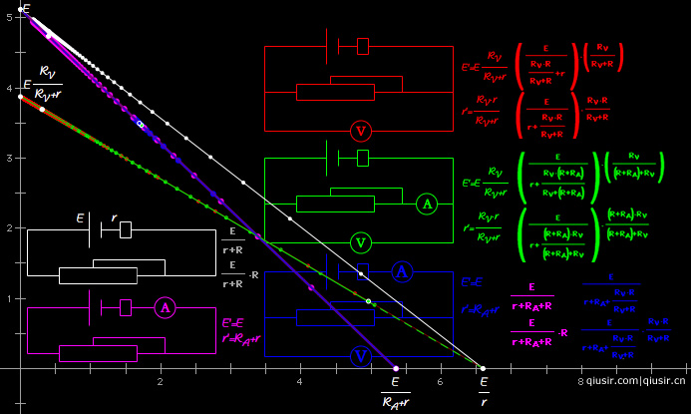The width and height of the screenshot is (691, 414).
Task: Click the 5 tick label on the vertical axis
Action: click(x=7, y=18)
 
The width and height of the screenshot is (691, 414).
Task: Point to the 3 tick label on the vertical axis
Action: click(x=7, y=158)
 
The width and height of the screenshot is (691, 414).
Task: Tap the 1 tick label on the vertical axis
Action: click(x=7, y=298)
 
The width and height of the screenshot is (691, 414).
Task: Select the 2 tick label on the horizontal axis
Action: click(x=160, y=381)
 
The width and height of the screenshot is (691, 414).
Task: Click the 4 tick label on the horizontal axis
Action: click(x=299, y=381)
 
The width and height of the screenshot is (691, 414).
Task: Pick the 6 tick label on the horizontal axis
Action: click(x=440, y=381)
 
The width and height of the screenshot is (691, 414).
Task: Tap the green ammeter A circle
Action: click(x=427, y=205)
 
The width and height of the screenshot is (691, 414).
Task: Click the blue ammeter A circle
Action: click(x=401, y=270)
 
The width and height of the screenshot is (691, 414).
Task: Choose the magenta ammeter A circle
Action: click(x=166, y=308)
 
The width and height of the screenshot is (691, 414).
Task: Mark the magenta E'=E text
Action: click(x=233, y=323)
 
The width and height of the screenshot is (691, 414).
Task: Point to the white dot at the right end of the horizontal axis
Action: click(x=484, y=368)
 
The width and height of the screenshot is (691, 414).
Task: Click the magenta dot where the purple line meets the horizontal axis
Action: click(x=396, y=368)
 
